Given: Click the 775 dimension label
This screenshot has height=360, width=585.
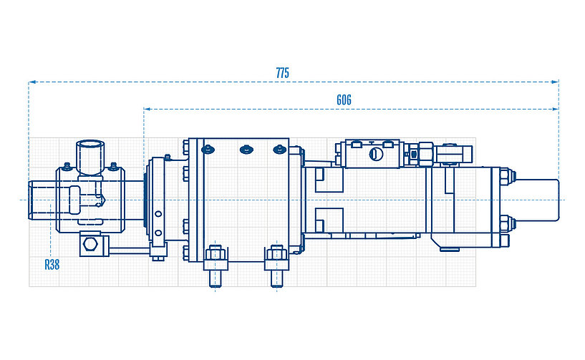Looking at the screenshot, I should (282, 73).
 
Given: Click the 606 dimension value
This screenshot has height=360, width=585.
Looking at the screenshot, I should (344, 100).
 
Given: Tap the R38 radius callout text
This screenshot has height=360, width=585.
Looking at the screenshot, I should (52, 264).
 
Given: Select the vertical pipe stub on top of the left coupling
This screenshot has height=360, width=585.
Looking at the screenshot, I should (91, 156).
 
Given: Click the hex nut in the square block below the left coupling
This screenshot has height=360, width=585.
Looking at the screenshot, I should (90, 245).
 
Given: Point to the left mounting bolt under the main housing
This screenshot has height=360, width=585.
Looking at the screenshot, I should (216, 263).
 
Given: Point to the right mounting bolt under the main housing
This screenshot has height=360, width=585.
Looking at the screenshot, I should (277, 263).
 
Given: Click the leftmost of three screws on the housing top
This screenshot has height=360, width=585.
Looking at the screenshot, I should (208, 150).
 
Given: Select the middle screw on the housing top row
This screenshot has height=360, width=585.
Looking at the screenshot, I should (244, 150).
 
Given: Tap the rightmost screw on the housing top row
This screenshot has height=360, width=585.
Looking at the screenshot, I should (279, 150).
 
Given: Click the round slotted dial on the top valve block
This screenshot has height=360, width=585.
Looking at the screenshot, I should (374, 153).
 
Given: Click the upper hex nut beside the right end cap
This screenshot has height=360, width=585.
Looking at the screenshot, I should (504, 176).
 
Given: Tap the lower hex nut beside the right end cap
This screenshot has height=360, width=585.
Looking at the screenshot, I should (504, 223).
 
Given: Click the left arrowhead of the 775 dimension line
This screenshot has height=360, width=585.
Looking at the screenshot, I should (32, 82).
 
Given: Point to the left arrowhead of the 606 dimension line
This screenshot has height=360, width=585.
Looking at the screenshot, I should (147, 109).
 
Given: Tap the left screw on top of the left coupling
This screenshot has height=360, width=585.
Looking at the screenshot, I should (67, 167).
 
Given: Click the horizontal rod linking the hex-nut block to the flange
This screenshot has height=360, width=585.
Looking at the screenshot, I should (130, 250).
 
